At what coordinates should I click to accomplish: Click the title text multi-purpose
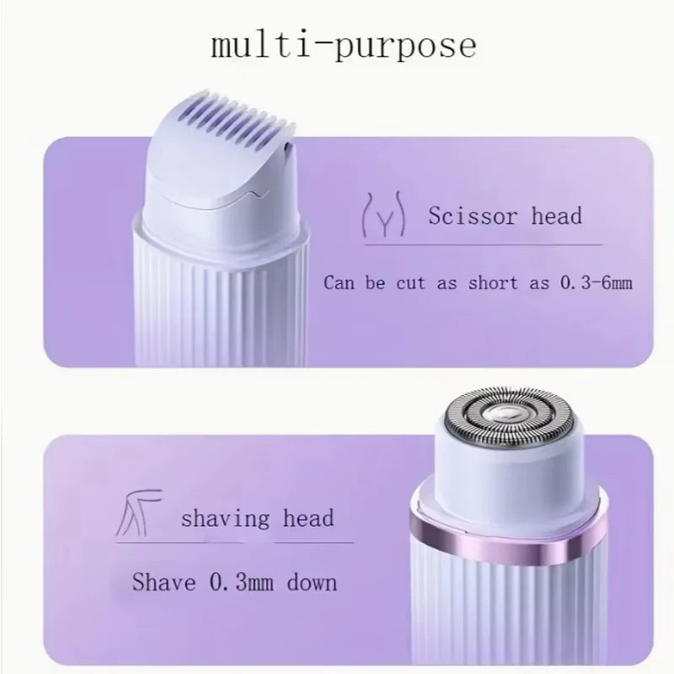click(x=342, y=43)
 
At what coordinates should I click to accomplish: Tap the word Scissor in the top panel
click(x=473, y=216)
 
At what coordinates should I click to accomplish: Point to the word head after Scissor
click(x=556, y=216)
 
